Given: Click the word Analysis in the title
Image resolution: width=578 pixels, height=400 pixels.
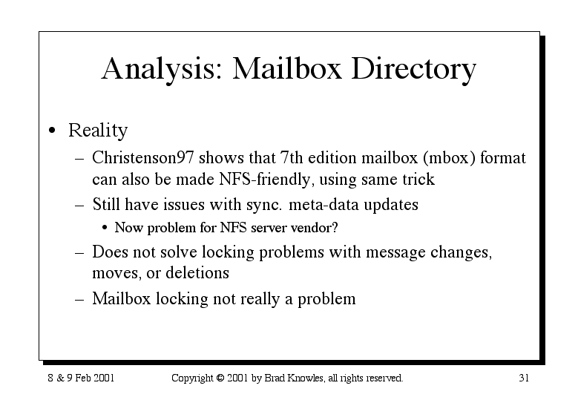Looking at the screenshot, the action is [x=162, y=69].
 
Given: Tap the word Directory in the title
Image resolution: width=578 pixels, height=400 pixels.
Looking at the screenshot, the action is [x=413, y=69].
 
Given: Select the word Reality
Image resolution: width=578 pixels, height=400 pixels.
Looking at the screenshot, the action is [x=98, y=131].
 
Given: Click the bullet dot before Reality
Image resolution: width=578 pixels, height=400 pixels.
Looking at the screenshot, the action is [x=53, y=130].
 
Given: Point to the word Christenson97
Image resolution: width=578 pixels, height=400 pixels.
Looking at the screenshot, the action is [x=142, y=158].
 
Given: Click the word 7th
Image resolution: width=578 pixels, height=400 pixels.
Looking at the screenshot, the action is [x=291, y=157].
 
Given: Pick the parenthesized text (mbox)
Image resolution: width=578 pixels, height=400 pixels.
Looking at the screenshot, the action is [x=449, y=158].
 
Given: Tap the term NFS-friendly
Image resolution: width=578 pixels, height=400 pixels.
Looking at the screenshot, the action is [x=265, y=180].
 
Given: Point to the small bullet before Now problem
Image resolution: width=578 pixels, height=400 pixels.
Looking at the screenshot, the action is [x=105, y=228].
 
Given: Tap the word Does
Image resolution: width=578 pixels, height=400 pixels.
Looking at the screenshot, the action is [x=110, y=252].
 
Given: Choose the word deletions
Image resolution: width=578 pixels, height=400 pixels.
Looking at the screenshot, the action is [x=197, y=273].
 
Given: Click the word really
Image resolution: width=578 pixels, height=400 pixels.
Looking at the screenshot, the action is [x=260, y=299].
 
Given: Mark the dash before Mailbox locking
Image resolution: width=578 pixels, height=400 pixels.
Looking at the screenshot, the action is [x=79, y=299].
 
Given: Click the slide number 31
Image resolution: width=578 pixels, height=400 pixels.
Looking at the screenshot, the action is [x=524, y=378].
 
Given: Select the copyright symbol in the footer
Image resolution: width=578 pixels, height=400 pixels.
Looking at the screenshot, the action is [x=220, y=378].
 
